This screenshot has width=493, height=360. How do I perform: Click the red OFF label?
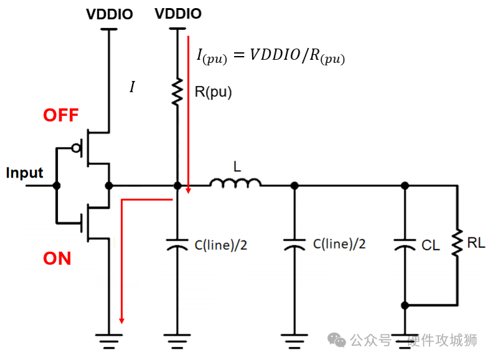61,115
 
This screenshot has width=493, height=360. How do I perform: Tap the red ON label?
57,258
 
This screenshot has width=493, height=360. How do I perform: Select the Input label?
24,173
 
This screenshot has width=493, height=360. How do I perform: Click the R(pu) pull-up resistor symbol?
177,91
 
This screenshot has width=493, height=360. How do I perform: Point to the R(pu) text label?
213,93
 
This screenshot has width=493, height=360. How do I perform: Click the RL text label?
476,243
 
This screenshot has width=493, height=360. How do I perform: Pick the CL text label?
430,245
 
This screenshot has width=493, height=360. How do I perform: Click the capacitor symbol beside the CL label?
405,245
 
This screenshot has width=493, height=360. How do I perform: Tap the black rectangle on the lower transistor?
106,223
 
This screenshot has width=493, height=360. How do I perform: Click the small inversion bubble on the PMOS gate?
77,148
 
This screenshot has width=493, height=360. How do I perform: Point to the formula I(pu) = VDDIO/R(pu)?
270,56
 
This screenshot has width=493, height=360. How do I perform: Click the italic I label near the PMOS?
131,87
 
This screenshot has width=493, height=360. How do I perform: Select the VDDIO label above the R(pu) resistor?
178,14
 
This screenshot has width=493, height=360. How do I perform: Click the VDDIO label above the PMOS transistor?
109,14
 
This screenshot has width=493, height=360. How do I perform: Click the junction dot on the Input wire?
57,186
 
